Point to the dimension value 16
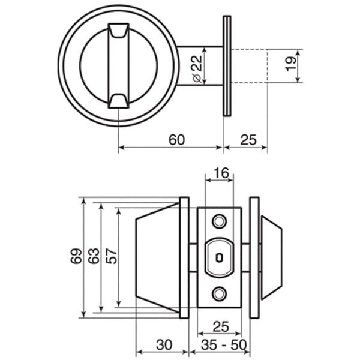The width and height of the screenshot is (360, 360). pyautogui.click(x=221, y=174)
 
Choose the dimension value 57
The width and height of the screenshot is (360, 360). pyautogui.click(x=111, y=256)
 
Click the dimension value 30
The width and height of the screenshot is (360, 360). pyautogui.click(x=164, y=345)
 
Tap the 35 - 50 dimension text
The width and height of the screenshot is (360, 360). pyautogui.click(x=224, y=345)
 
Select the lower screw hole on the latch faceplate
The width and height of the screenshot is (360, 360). pyautogui.click(x=219, y=293)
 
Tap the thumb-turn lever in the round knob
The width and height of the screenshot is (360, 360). pyautogui.click(x=118, y=65)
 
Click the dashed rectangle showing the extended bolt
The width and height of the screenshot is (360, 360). pyautogui.click(x=248, y=65)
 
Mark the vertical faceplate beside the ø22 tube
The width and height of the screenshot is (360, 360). pyautogui.click(x=227, y=65)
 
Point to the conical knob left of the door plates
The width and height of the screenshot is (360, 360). pyautogui.click(x=157, y=257)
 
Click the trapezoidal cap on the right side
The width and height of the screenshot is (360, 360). pyautogui.click(x=271, y=257)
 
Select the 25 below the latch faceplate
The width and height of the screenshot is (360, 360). pyautogui.click(x=221, y=326)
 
